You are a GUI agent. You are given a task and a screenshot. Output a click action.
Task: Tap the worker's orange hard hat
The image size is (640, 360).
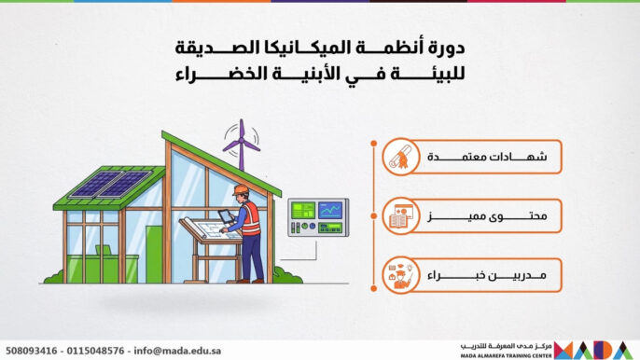tap(241, 190)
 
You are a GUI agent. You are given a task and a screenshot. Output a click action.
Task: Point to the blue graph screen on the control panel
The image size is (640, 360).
tap(329, 210)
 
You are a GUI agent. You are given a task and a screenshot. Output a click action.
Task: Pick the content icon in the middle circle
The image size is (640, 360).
tap(400, 217)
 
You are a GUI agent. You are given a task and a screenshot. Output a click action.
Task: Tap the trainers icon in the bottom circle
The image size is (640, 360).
tap(400, 275)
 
